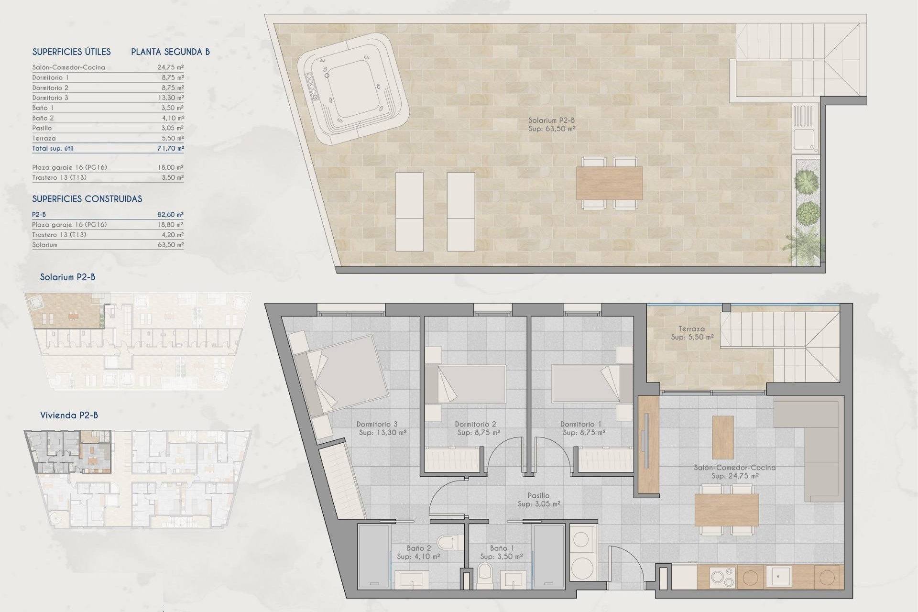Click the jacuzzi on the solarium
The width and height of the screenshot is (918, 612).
(x=353, y=89)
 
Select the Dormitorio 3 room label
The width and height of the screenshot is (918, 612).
(x=377, y=424)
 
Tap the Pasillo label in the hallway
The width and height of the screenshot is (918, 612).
(x=538, y=496)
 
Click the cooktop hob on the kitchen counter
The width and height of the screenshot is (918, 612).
(x=722, y=578)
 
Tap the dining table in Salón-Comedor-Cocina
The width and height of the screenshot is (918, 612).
(x=727, y=510)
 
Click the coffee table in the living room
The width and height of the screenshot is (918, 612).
(x=722, y=437)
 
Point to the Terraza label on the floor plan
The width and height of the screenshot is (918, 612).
(x=691, y=329)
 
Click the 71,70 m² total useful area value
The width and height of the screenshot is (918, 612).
(x=171, y=148)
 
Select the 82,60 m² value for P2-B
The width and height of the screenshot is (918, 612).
(x=171, y=215)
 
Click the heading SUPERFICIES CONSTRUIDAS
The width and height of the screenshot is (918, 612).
(x=87, y=199)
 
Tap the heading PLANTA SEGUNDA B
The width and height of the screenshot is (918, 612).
(x=170, y=52)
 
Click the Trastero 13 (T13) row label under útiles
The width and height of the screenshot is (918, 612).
(x=59, y=177)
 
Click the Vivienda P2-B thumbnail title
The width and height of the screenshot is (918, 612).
(x=69, y=415)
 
